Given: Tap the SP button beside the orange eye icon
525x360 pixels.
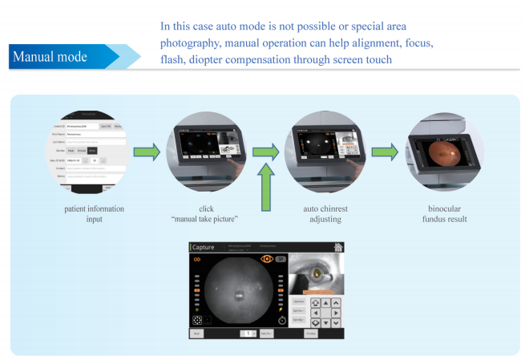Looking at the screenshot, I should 281,260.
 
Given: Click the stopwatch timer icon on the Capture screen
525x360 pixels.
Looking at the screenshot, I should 282,322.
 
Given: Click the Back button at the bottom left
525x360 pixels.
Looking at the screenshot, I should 196,333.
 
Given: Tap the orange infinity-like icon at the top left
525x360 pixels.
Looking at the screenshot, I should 196,260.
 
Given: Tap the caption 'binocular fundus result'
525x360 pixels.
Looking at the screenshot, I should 448,214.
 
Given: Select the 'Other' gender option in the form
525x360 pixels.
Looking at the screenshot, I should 92,150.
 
